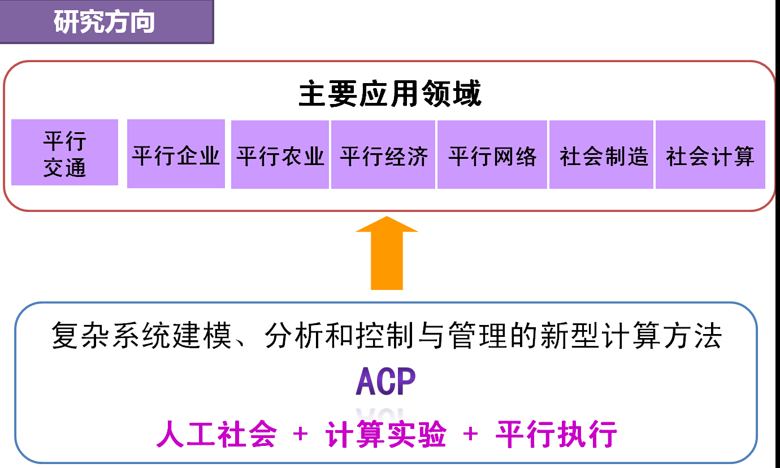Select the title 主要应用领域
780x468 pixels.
pyautogui.click(x=390, y=94)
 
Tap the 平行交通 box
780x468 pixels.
pyautogui.click(x=64, y=153)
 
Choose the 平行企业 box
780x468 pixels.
pyautogui.click(x=176, y=154)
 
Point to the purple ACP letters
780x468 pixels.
pyautogui.click(x=385, y=382)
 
